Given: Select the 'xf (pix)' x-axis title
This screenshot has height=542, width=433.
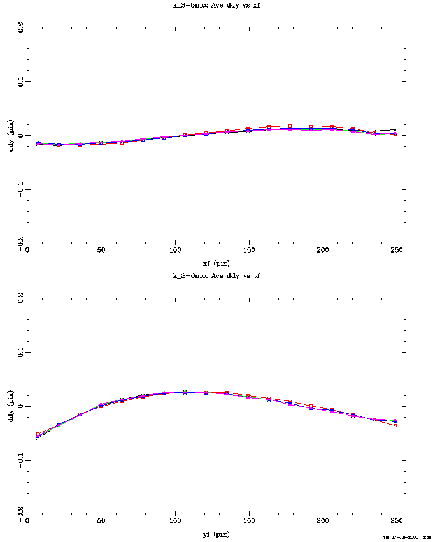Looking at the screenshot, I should (216, 263).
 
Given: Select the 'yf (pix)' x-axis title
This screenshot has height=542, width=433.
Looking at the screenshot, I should (216, 534).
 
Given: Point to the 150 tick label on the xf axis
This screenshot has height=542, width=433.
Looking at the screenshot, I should (249, 251).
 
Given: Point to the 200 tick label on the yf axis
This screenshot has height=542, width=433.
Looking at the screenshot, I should (323, 522).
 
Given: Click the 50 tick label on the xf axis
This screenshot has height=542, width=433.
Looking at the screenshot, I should (101, 251).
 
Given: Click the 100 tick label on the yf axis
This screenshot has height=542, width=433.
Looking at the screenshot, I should (174, 522).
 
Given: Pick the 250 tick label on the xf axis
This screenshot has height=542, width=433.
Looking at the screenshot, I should (398, 251).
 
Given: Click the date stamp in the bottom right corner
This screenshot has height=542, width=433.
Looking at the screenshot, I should (406, 537).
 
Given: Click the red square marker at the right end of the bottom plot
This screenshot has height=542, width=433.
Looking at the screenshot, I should (395, 425).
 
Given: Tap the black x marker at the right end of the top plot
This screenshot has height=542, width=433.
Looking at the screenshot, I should (395, 130).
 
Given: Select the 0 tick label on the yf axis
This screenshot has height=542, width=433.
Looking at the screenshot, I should (26, 522).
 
